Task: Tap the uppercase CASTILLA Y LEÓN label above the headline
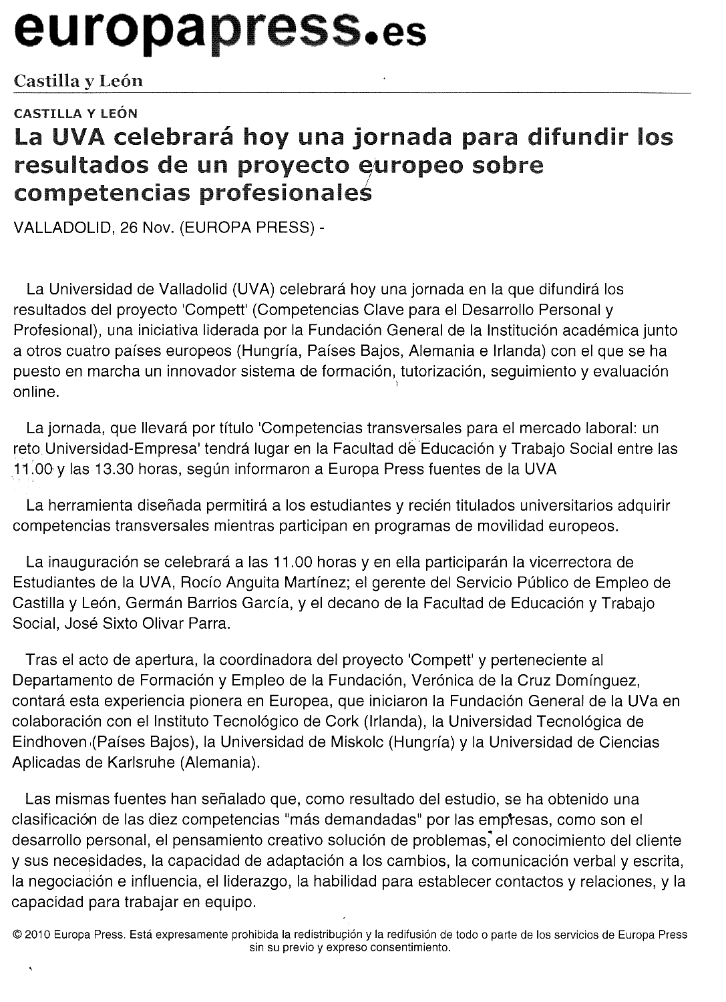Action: tap(75, 113)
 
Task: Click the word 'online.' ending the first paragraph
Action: tap(37, 393)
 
